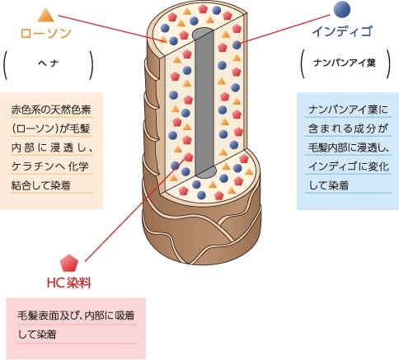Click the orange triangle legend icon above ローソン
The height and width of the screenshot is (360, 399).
(x=46, y=16)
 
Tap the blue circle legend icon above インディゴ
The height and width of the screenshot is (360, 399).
(x=342, y=9)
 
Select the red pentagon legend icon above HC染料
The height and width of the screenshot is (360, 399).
(x=69, y=263)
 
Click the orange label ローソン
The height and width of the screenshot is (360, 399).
(x=46, y=34)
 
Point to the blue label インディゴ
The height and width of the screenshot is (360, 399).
(x=342, y=31)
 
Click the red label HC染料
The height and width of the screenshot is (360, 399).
(x=69, y=283)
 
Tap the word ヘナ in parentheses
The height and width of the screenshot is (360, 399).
(x=49, y=63)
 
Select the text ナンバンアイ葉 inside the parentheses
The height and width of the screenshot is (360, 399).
(x=345, y=63)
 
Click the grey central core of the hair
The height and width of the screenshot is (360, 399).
(x=204, y=102)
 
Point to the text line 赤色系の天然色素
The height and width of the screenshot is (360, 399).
(x=51, y=110)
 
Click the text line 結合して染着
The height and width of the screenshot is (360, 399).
(x=41, y=185)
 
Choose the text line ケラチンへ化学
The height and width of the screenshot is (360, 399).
(x=50, y=166)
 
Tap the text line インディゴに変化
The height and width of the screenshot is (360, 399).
(x=349, y=166)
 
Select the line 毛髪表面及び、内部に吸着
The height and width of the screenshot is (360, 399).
(x=76, y=316)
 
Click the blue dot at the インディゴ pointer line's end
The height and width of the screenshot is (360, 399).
(x=237, y=44)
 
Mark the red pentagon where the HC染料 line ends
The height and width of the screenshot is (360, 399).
(x=189, y=157)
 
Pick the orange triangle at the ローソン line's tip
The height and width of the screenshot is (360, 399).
(x=163, y=40)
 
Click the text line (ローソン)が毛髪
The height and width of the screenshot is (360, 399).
(x=50, y=129)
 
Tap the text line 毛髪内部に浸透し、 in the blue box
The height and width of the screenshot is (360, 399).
(x=349, y=147)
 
